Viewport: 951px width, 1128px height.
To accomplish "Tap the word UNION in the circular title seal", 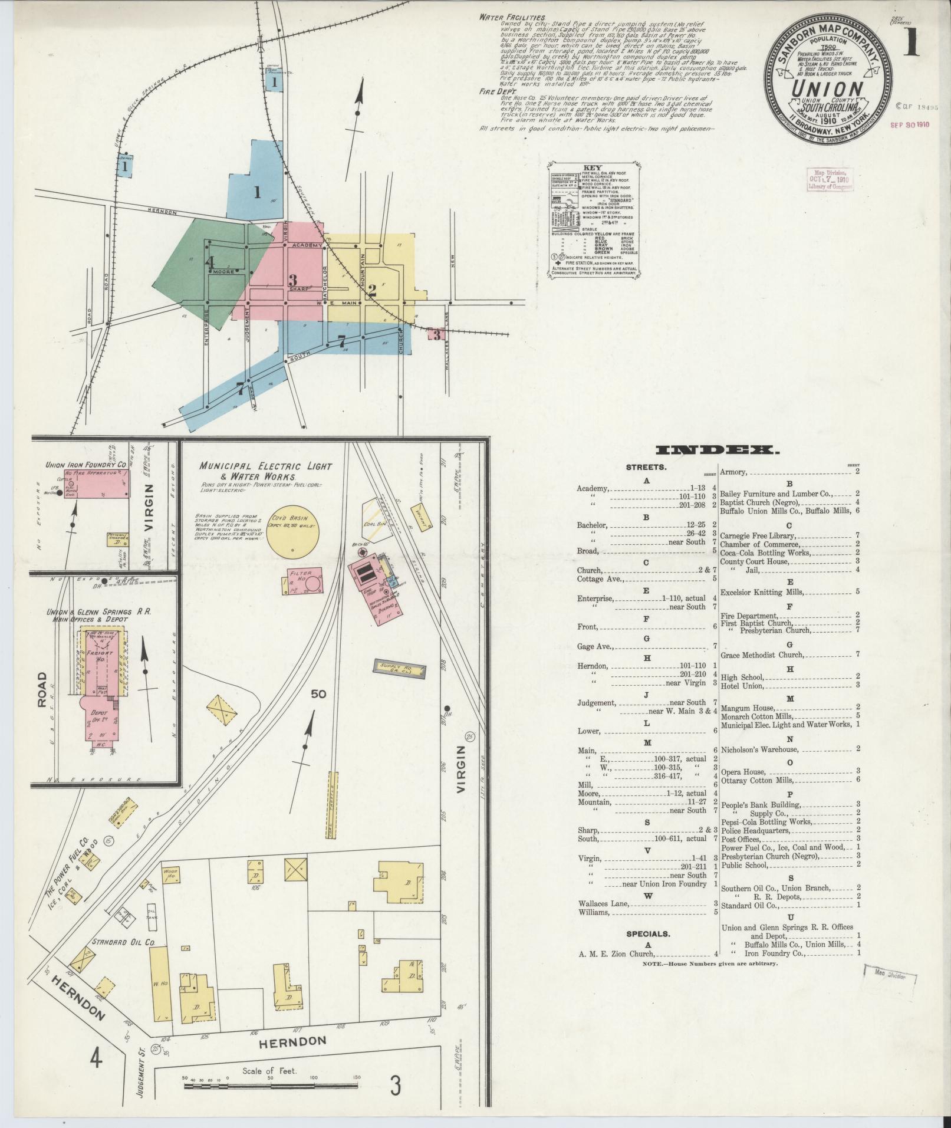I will (825, 89).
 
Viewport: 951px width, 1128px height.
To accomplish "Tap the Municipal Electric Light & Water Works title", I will (265, 471).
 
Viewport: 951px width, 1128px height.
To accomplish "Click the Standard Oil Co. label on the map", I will (123, 942).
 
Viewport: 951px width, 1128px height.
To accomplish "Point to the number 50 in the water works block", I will (318, 694).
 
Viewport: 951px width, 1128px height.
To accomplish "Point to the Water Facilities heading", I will (512, 18).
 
